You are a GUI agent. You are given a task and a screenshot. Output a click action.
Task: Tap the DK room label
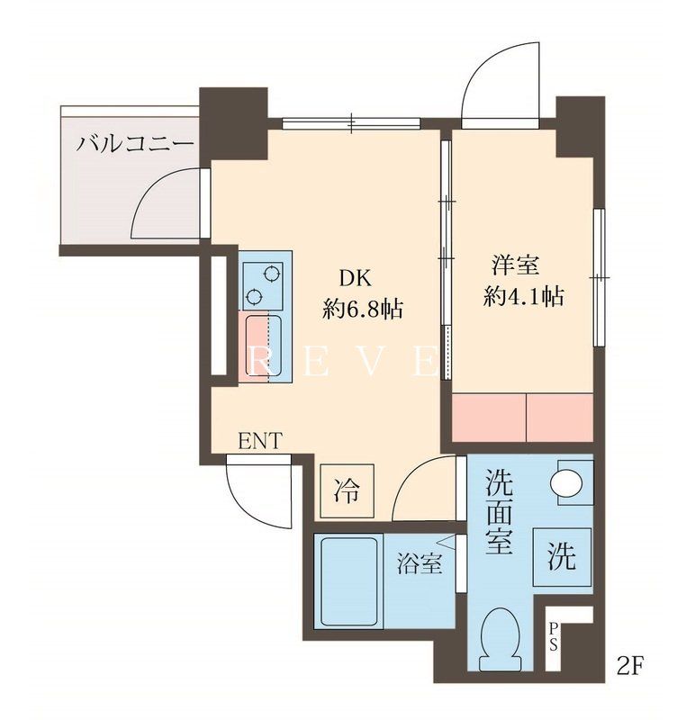click(x=354, y=277)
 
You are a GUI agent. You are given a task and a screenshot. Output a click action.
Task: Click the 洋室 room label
click(x=515, y=265)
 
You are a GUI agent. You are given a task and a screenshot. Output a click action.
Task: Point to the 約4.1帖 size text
click(x=523, y=297)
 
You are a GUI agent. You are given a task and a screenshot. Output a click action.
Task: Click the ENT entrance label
click(x=260, y=440)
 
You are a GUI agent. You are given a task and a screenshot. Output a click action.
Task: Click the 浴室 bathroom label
click(x=420, y=564)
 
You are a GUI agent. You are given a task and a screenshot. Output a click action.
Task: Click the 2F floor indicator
click(x=631, y=668)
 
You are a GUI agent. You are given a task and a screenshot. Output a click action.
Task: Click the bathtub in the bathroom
click(x=347, y=580)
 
